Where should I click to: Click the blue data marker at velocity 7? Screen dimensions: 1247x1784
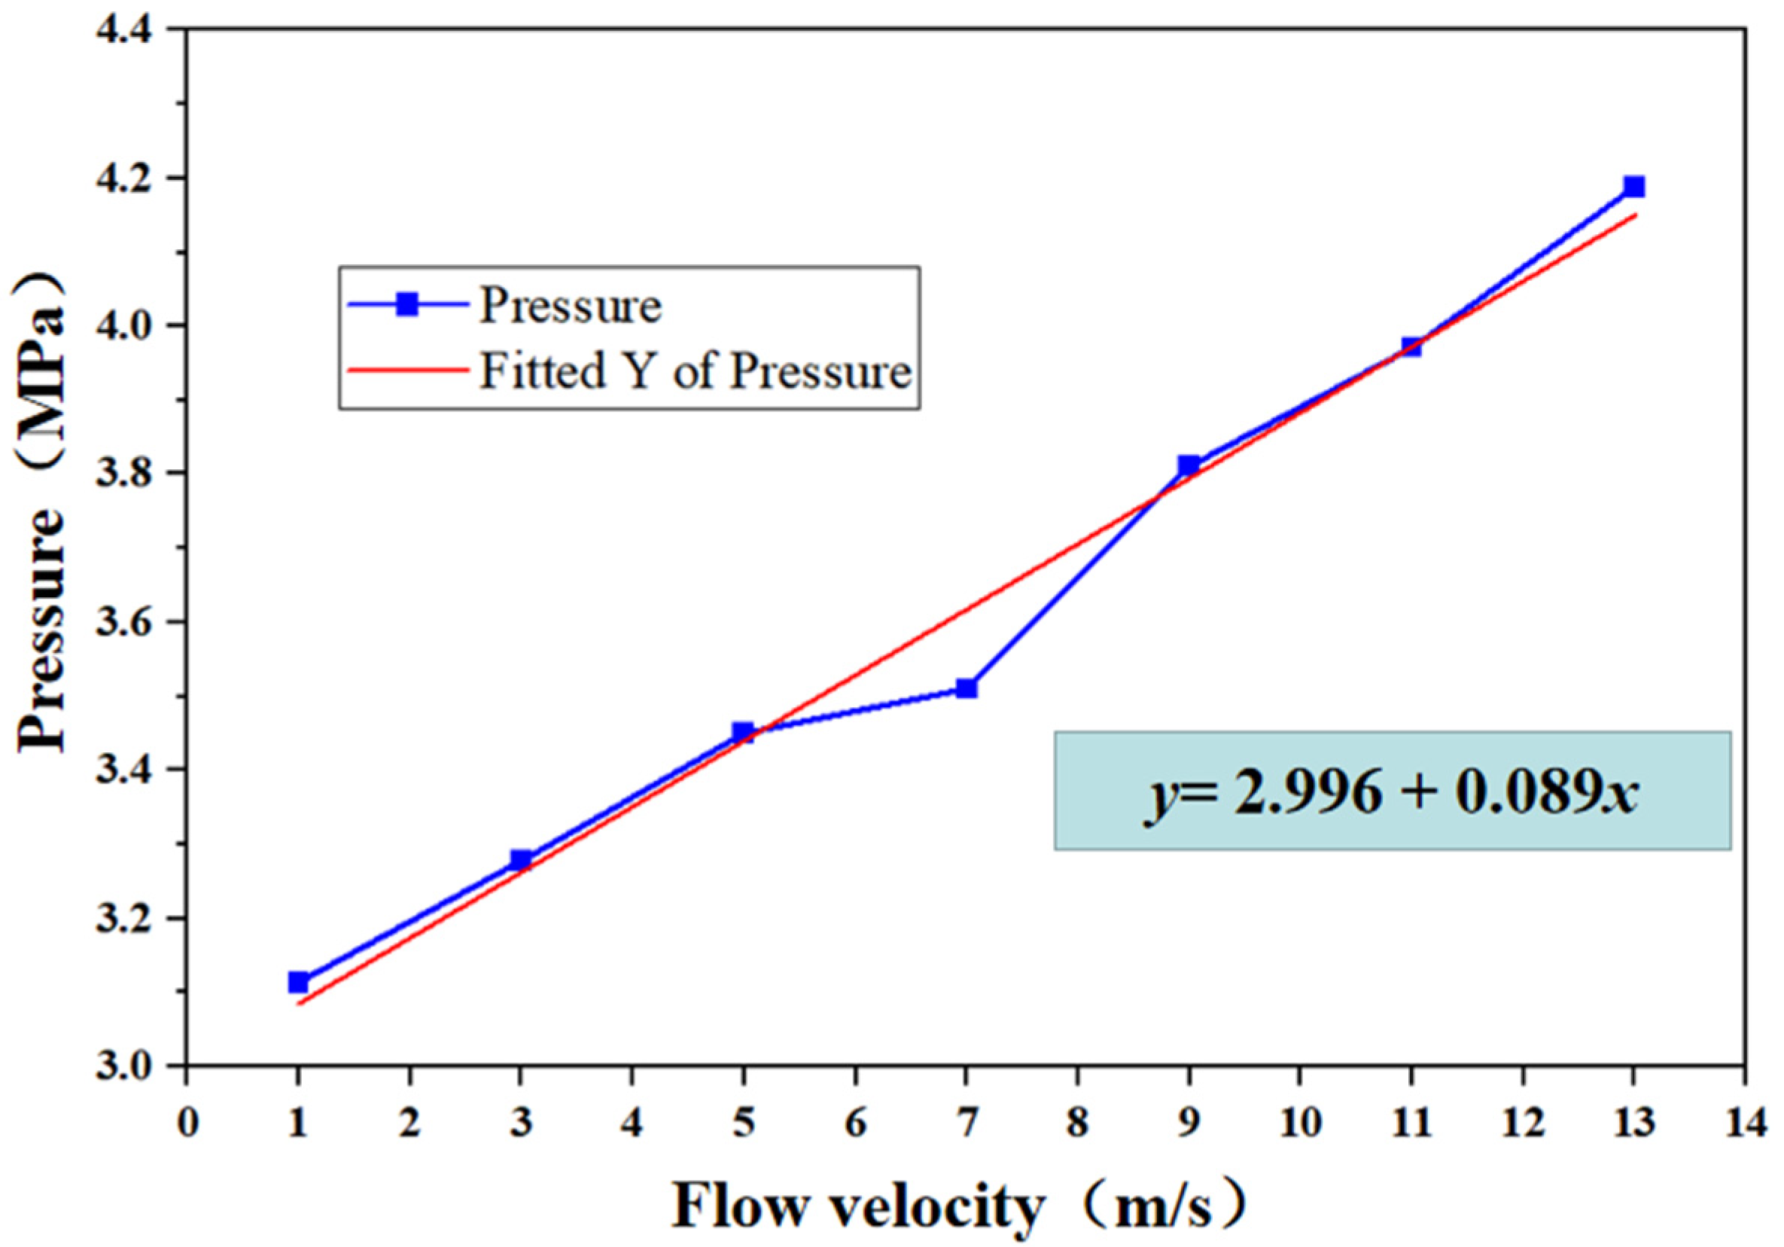966,688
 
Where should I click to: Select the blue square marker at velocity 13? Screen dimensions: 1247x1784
1634,187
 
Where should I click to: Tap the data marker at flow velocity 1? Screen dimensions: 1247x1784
298,982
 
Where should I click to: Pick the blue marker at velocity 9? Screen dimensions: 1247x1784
1189,465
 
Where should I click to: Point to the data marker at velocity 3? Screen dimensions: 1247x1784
521,860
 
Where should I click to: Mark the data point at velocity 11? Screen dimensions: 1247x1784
1412,346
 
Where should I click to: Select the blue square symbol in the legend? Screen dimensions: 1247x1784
406,305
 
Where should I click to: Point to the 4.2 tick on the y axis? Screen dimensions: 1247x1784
127,178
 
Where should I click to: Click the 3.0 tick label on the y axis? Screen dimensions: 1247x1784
127,1066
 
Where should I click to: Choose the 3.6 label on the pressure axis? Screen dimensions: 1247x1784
127,623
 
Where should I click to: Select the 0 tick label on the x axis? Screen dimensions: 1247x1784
187,1124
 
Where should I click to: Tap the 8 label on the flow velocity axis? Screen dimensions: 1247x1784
1077,1124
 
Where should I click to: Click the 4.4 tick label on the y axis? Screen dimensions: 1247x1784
127,31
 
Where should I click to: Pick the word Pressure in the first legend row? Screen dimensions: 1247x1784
571,305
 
